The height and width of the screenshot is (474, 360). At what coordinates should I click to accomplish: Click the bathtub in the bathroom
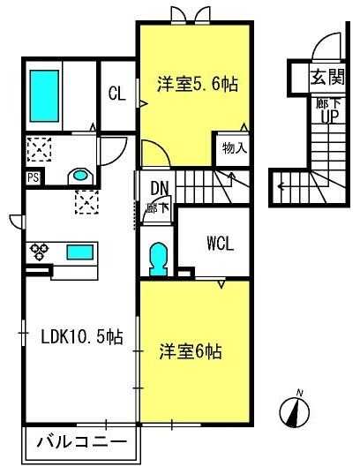tap(44, 96)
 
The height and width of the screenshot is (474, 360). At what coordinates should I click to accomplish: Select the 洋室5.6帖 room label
tap(198, 84)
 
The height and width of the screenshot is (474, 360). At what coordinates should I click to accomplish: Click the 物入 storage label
tap(235, 148)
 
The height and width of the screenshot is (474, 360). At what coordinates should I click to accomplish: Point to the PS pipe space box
tap(34, 177)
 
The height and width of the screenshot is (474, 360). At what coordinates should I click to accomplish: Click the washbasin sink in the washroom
tap(80, 176)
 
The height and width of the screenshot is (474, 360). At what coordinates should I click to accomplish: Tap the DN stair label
tap(160, 188)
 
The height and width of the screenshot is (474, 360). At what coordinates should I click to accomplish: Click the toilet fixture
tap(159, 260)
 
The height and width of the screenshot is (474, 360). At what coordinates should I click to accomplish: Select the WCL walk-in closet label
tap(221, 244)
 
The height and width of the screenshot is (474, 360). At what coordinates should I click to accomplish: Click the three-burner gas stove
tap(39, 252)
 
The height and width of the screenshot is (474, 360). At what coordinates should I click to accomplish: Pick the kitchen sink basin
tap(79, 252)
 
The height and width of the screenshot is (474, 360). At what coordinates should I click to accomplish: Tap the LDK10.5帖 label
tap(82, 337)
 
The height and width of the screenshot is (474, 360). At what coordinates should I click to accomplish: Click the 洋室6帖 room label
tap(191, 352)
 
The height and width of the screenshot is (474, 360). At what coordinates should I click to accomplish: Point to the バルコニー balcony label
tap(81, 442)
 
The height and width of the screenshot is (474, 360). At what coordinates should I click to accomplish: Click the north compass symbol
tap(295, 410)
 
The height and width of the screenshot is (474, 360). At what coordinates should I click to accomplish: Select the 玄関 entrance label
tap(327, 78)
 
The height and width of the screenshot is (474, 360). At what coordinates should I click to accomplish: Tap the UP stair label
tap(330, 117)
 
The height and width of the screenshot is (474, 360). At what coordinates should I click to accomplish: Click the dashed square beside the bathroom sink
tap(39, 149)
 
